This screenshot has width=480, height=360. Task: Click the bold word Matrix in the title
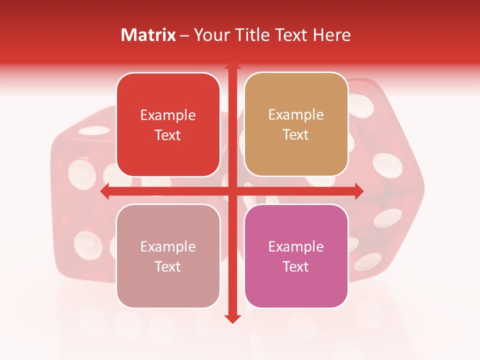[x=148, y=35]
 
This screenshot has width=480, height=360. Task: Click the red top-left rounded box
[x=168, y=124]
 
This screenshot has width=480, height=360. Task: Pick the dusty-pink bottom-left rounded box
[x=168, y=256]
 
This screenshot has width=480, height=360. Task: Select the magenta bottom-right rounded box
[x=296, y=256]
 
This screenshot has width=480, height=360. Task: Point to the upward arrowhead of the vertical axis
[x=232, y=66]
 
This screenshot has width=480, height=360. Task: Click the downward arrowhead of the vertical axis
[x=232, y=318]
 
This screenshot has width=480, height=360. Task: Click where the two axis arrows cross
[x=232, y=191]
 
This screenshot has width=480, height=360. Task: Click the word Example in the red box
[x=168, y=115]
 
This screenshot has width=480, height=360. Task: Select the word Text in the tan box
[x=296, y=135]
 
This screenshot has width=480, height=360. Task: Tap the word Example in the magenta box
[x=296, y=246]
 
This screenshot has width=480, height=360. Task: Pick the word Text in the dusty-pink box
[x=168, y=266]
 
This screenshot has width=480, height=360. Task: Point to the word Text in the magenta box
[x=296, y=266]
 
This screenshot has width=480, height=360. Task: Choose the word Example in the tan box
[x=296, y=115]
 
